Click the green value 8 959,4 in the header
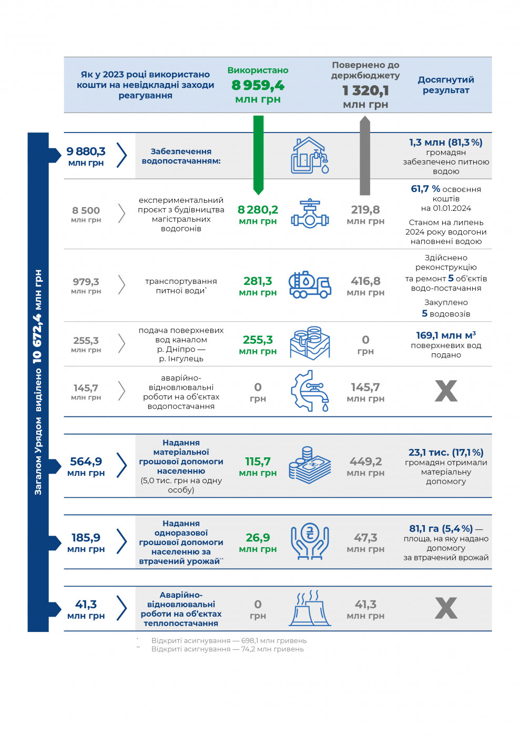pyautogui.click(x=258, y=85)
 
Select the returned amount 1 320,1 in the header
pyautogui.click(x=365, y=90)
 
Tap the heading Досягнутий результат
pyautogui.click(x=446, y=85)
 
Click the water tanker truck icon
pyautogui.click(x=310, y=284)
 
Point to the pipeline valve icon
pyautogui.click(x=310, y=213)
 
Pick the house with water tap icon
pyautogui.click(x=310, y=155)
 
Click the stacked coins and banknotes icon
pyautogui.click(x=310, y=465)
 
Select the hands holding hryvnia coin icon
pyautogui.click(x=310, y=541)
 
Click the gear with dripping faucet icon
pyautogui.click(x=310, y=391)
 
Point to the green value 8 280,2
pyautogui.click(x=258, y=209)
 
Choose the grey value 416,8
pyautogui.click(x=365, y=281)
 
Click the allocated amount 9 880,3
pyautogui.click(x=86, y=151)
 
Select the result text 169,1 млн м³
pyautogui.click(x=446, y=335)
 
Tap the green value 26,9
pyautogui.click(x=258, y=537)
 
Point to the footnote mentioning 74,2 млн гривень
pyautogui.click(x=227, y=649)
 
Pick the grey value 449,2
pyautogui.click(x=365, y=462)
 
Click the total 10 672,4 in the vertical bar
pyautogui.click(x=37, y=339)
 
